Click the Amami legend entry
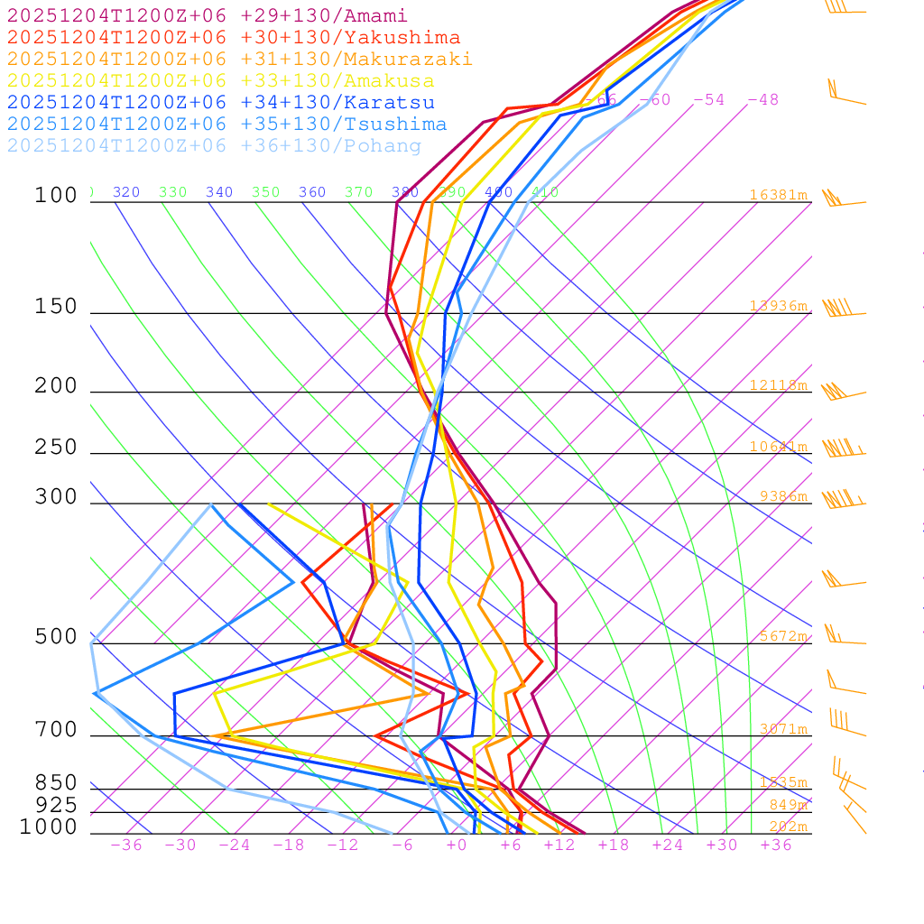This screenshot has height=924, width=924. pyautogui.click(x=208, y=16)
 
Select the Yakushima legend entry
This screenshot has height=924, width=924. pyautogui.click(x=234, y=38)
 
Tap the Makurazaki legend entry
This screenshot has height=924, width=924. pyautogui.click(x=240, y=60)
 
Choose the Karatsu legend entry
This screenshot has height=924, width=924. pyautogui.click(x=221, y=103)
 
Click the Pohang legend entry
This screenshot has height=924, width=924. pyautogui.click(x=215, y=146)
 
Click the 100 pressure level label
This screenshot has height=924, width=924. pyautogui.click(x=56, y=196)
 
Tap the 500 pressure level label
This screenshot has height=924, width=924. pyautogui.click(x=56, y=637)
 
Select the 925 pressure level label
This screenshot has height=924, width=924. pyautogui.click(x=56, y=805)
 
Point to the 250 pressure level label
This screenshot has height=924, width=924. pyautogui.click(x=56, y=448)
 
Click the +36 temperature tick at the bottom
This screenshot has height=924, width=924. pyautogui.click(x=776, y=845)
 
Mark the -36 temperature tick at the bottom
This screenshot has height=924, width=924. pyautogui.click(x=126, y=845)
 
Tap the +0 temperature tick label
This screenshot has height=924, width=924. pyautogui.click(x=457, y=845)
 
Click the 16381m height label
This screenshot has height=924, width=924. pyautogui.click(x=778, y=195)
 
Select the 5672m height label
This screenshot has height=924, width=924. pyautogui.click(x=782, y=636)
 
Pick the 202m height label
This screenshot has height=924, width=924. pyautogui.click(x=788, y=827)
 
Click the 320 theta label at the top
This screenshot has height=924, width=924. pyautogui.click(x=126, y=192)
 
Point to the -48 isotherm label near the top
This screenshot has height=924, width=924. pyautogui.click(x=763, y=100)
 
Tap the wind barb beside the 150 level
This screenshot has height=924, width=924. pyautogui.click(x=839, y=310)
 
